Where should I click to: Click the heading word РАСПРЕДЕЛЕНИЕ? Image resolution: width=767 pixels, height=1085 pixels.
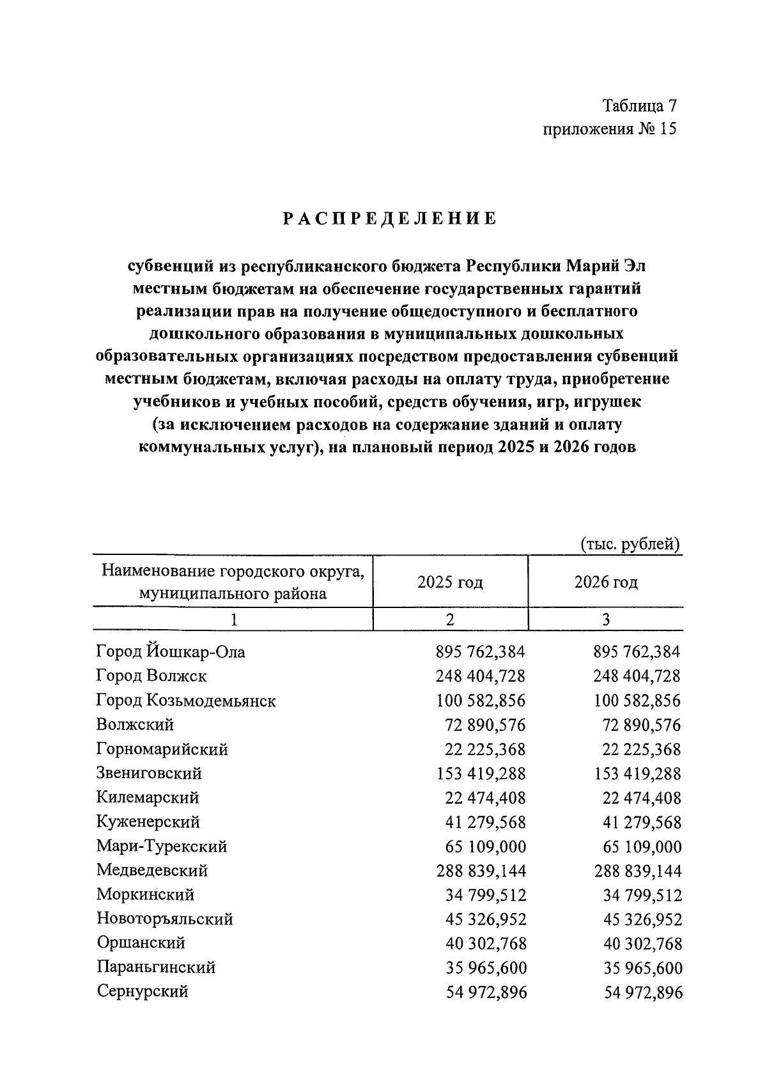tap(389, 219)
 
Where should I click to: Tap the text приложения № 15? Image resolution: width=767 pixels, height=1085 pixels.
tap(609, 129)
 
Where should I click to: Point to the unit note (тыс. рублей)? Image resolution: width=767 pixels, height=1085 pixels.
tap(630, 545)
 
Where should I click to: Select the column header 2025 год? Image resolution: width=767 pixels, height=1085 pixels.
tap(450, 582)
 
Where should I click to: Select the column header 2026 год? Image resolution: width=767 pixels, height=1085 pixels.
tap(606, 582)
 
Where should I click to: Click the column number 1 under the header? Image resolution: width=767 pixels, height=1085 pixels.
tap(233, 620)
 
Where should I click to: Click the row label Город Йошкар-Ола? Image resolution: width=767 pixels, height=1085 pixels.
tap(171, 652)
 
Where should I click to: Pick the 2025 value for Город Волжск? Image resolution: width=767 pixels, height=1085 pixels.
tap(481, 676)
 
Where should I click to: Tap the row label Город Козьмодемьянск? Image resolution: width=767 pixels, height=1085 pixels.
tap(186, 701)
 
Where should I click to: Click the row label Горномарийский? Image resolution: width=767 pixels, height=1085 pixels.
tap(162, 749)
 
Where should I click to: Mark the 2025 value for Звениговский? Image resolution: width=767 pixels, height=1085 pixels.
tap(481, 774)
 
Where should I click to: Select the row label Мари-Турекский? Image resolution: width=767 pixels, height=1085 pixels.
tap(162, 847)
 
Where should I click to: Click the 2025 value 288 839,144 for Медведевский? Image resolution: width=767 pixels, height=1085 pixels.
tap(481, 871)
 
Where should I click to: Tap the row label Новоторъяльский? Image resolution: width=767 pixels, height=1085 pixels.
tap(165, 919)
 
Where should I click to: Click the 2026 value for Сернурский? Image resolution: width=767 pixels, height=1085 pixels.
tap(644, 992)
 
